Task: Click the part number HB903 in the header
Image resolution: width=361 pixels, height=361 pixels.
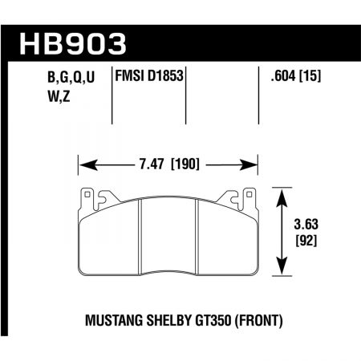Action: tap(67, 42)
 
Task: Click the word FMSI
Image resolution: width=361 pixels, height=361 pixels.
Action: tap(132, 77)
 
